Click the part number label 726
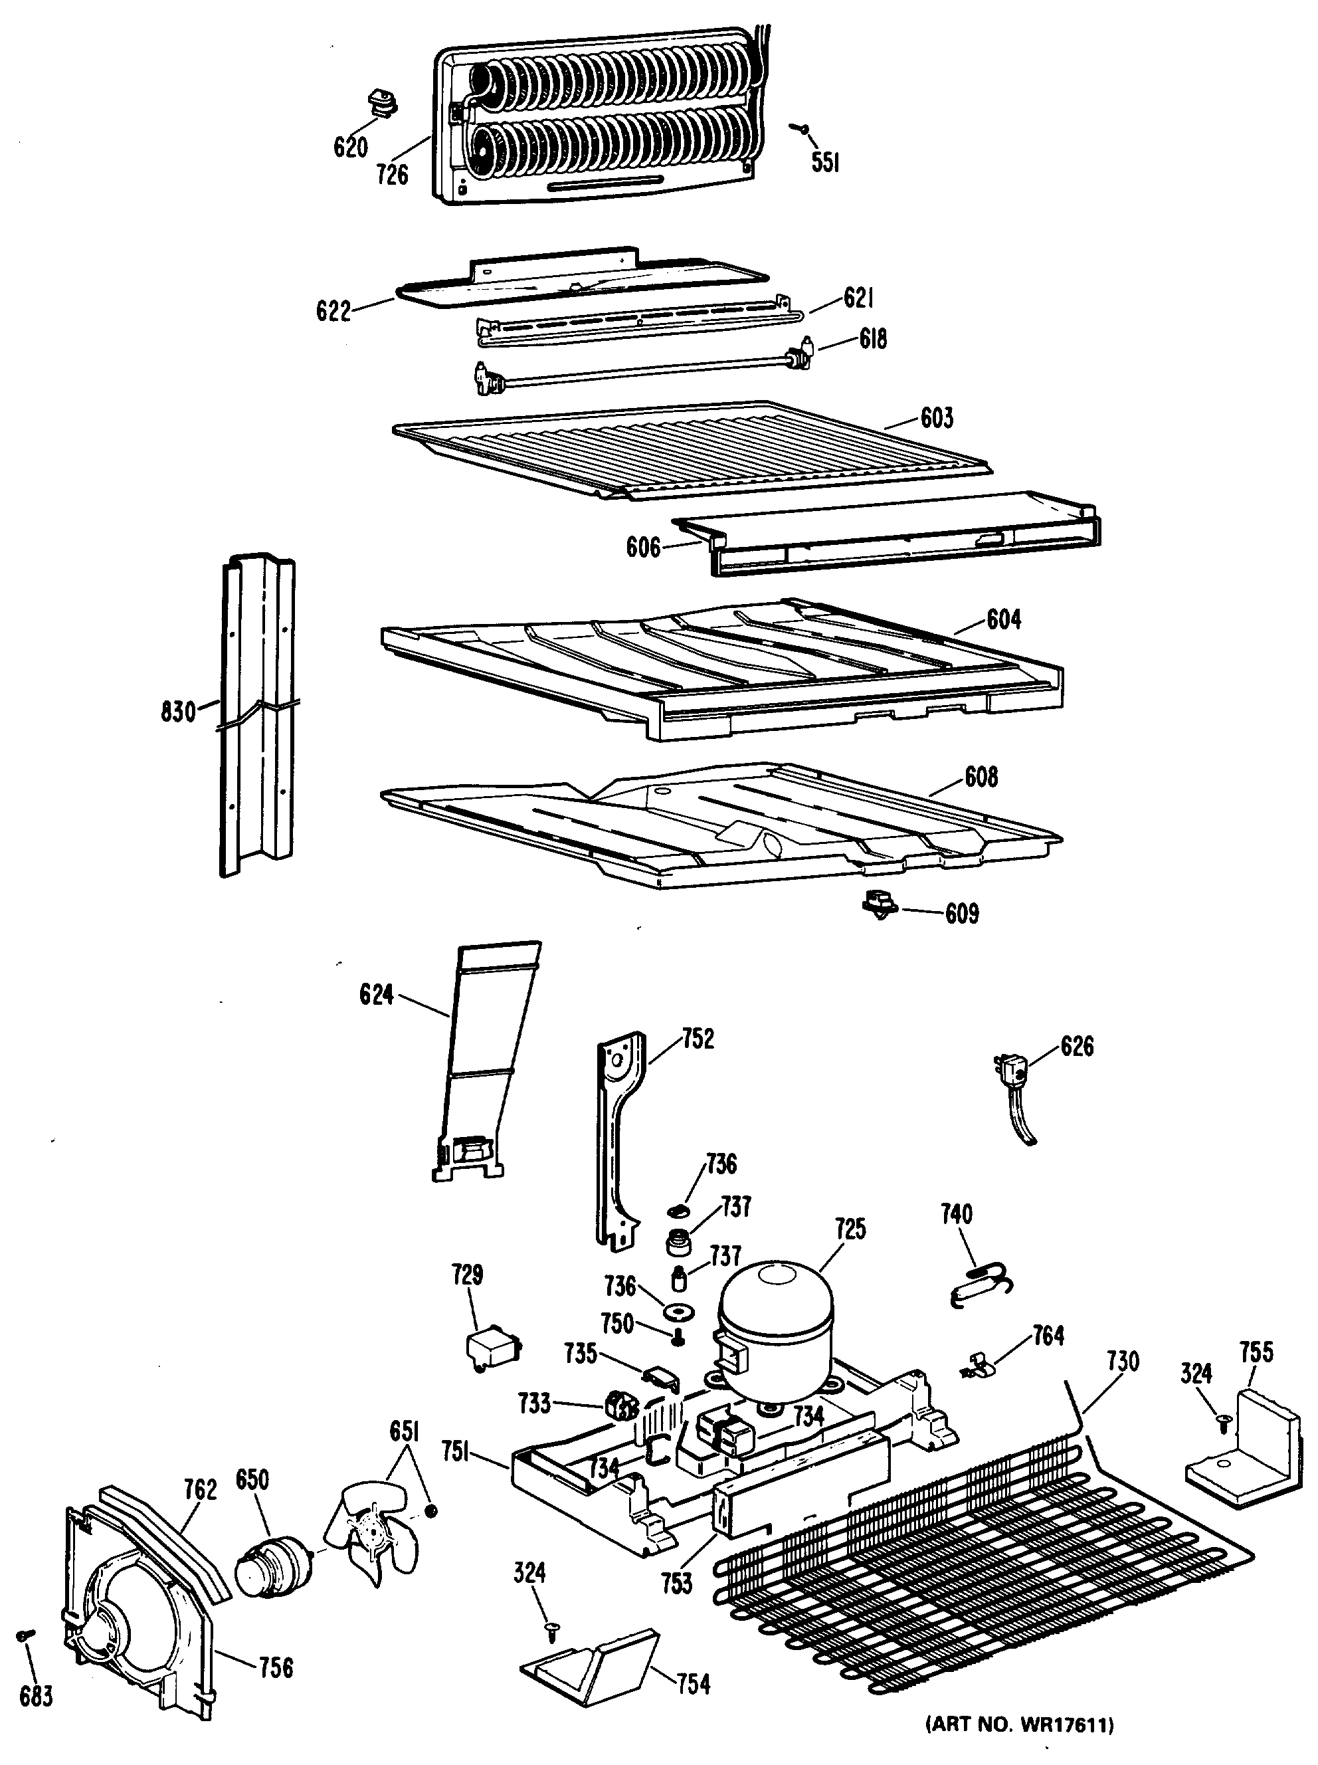(392, 174)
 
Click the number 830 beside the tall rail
(178, 711)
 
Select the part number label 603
(937, 417)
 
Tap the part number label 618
(873, 339)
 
